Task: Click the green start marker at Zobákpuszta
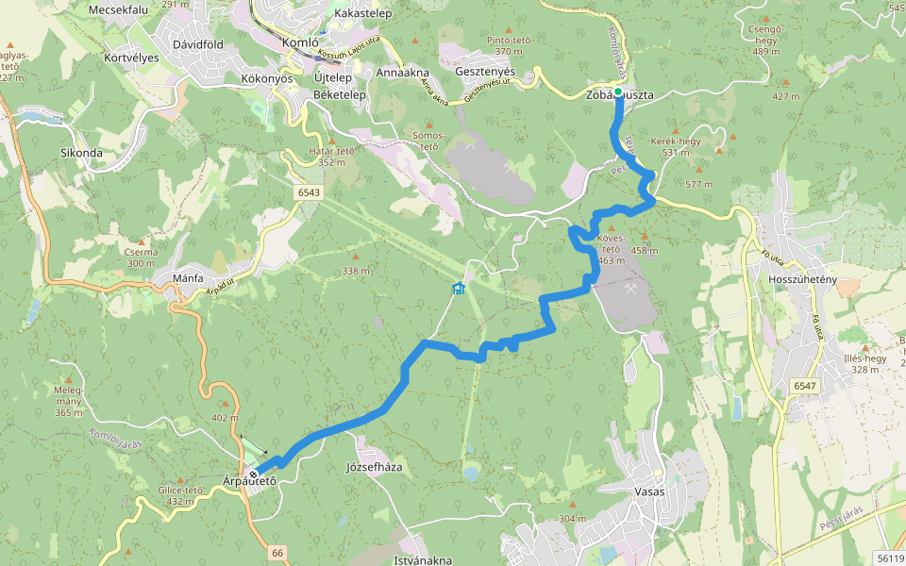618,92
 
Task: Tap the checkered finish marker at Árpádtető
254,474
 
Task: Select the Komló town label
301,42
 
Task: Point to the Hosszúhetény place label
803,280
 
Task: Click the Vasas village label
649,492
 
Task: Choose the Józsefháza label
375,467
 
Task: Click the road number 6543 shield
309,192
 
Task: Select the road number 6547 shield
804,386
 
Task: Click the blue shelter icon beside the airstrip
458,288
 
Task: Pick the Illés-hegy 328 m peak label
863,363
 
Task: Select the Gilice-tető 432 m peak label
181,494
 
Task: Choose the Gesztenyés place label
484,72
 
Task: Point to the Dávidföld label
197,43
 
